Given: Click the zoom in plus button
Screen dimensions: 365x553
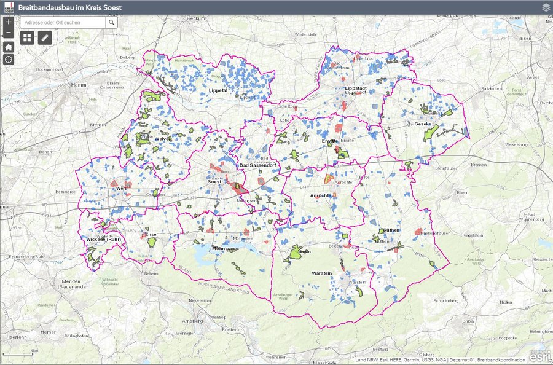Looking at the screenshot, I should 9,22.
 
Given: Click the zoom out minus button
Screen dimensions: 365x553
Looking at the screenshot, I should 9,33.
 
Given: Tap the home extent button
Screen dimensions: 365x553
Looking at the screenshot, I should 9,47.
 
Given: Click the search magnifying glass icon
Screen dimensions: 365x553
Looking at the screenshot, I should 111,22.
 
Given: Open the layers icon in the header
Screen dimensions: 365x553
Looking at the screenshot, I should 546,7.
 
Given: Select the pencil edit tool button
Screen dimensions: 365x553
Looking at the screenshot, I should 44,38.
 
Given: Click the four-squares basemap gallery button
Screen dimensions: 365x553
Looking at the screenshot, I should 27,38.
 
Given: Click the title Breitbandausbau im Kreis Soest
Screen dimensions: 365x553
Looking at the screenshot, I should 71,7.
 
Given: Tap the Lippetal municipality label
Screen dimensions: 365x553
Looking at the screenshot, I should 218,90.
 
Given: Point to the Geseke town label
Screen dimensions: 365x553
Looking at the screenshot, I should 423,124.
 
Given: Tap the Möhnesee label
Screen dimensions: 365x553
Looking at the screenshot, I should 224,249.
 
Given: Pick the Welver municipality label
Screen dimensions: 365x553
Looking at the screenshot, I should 162,139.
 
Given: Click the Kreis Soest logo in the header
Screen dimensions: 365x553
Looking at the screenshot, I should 7,7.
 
